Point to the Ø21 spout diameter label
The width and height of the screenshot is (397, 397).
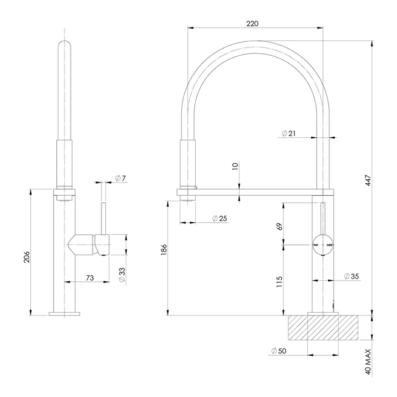(289, 134)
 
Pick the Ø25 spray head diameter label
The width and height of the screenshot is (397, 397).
(219, 219)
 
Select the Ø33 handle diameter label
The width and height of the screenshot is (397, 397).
(122, 275)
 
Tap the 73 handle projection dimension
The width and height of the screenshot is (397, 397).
(89, 278)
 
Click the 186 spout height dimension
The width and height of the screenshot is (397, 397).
(163, 250)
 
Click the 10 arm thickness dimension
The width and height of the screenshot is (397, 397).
(235, 167)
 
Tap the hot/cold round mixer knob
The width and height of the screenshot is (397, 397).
(323, 244)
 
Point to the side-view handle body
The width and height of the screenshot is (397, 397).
(87, 244)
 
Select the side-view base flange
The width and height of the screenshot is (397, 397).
(65, 314)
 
